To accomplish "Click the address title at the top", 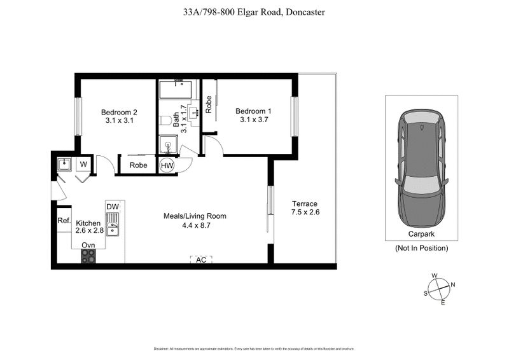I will click(254, 11).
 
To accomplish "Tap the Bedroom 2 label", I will click(119, 113).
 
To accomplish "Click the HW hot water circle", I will click(167, 165).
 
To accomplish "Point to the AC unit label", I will click(201, 260).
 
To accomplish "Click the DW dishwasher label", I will click(113, 207).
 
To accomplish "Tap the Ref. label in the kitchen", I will click(64, 221).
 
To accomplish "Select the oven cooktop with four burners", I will click(88, 256).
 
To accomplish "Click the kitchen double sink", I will click(113, 225).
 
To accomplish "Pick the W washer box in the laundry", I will click(83, 165).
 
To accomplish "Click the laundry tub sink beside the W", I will click(64, 165).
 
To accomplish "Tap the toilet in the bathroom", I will click(164, 120).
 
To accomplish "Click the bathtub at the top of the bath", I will click(179, 89).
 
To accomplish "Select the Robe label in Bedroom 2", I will click(139, 165).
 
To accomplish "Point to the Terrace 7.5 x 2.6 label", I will click(304, 208).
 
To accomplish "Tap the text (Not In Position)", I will click(421, 247).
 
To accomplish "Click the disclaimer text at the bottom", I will click(254, 349).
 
